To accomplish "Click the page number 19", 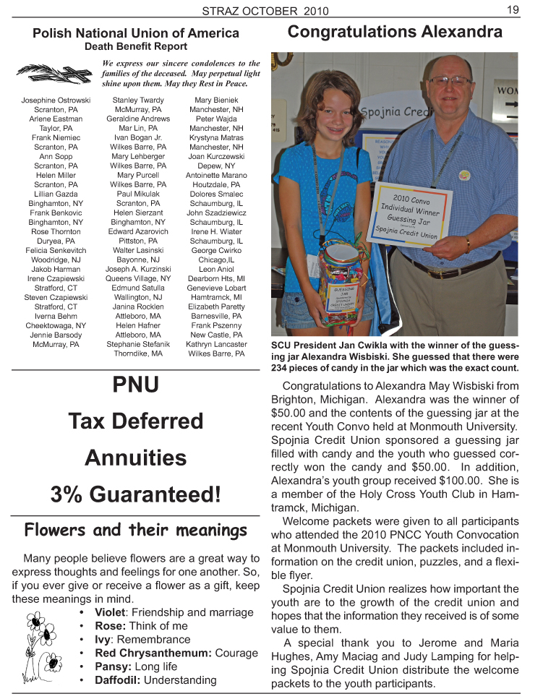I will click(x=513, y=9).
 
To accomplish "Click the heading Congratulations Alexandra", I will click(x=395, y=32).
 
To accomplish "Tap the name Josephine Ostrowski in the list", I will click(x=56, y=100).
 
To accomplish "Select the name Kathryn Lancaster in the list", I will click(x=216, y=344).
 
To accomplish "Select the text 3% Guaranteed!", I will click(x=135, y=494).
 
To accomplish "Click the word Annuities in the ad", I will click(x=135, y=458).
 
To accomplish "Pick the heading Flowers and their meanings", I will click(x=135, y=530).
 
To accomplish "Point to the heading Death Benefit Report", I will click(x=136, y=46).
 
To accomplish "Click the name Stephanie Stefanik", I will click(x=138, y=344).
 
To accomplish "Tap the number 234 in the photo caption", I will click(x=281, y=367).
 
